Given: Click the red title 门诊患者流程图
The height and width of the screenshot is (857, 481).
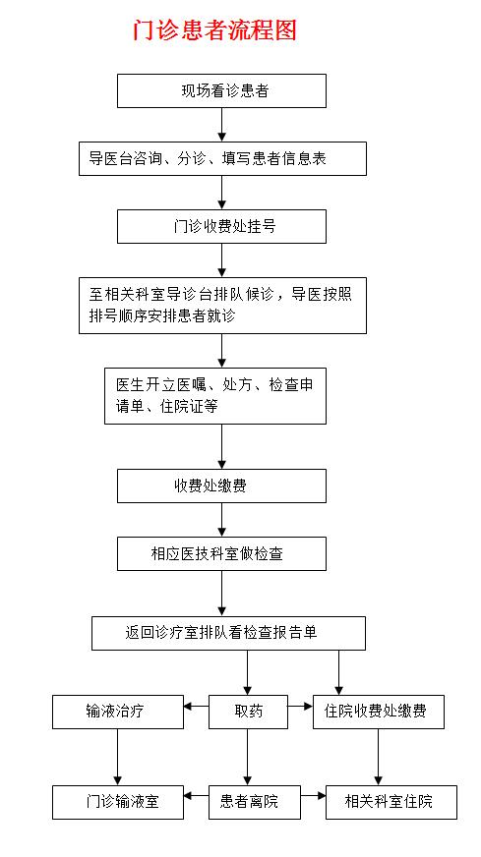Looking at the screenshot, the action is (214, 29).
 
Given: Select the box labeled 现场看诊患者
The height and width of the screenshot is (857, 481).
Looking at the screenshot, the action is (221, 90).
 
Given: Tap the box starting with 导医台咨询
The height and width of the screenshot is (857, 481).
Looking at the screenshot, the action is (222, 158).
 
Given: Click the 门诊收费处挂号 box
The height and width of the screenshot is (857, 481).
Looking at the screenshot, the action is (221, 226).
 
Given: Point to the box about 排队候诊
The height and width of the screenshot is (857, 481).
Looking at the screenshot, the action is (222, 305).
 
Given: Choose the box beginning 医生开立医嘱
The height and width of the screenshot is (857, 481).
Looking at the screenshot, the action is (215, 396).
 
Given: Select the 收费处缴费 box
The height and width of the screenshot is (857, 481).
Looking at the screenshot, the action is (221, 486).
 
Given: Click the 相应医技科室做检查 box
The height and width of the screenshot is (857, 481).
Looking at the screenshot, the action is (221, 553).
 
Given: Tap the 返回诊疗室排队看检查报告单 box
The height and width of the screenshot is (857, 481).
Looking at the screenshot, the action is (229, 634).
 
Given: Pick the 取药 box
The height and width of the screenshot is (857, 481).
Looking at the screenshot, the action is (249, 712).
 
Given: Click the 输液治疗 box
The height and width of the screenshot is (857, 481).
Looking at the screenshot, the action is (118, 712).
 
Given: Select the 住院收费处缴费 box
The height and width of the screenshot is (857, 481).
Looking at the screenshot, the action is (379, 712).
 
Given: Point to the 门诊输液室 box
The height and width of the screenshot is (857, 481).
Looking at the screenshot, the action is (118, 802).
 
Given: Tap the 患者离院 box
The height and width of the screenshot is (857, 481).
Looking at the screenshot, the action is (255, 802).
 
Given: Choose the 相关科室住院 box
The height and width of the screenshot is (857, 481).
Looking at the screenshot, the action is (391, 802).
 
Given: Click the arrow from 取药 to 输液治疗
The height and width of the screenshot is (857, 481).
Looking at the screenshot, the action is (197, 707).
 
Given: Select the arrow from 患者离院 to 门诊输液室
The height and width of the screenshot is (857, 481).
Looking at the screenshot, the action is (197, 796).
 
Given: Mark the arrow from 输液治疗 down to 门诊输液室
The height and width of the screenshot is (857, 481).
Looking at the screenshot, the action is (118, 757).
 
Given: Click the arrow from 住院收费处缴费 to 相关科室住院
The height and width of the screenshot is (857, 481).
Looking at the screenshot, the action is (378, 757).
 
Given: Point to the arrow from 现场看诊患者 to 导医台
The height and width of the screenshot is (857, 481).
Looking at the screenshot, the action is (221, 125).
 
